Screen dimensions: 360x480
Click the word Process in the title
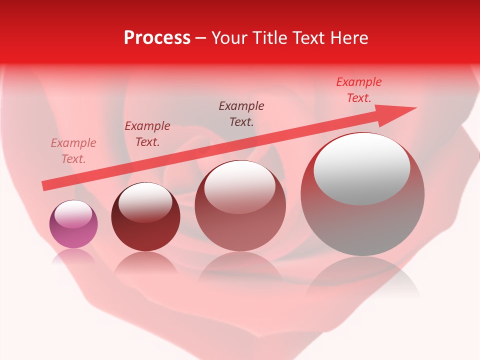157,38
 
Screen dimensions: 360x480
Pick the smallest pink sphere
73,224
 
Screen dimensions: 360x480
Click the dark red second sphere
145,216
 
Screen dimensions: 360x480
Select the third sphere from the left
240,205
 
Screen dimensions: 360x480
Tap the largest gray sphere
362,194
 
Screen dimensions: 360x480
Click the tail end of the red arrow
45,185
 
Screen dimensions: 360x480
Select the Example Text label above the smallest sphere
73,151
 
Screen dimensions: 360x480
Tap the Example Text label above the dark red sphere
147,134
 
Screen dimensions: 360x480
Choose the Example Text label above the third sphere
241,113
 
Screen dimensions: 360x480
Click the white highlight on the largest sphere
361,168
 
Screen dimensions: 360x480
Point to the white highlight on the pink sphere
73,214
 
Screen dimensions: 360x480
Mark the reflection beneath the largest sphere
362,277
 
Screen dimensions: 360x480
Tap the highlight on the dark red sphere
145,202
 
